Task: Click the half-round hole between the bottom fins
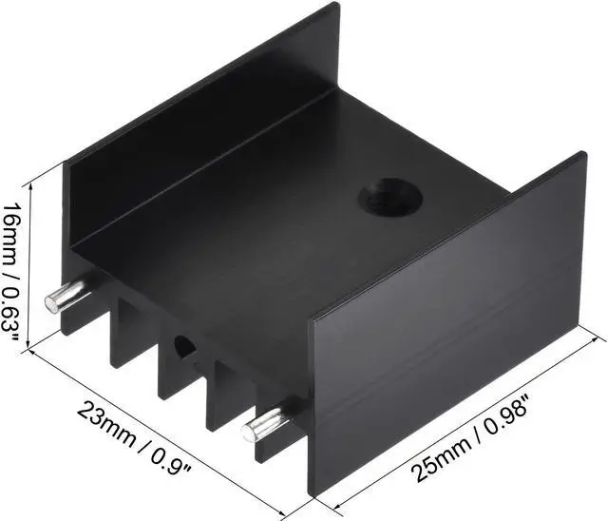click(x=182, y=348)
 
